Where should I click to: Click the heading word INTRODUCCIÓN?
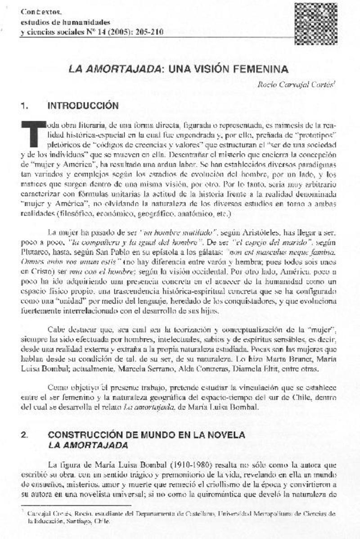[x=83, y=106]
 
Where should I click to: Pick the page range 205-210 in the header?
[x=148, y=32]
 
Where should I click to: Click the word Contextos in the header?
[x=36, y=12]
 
